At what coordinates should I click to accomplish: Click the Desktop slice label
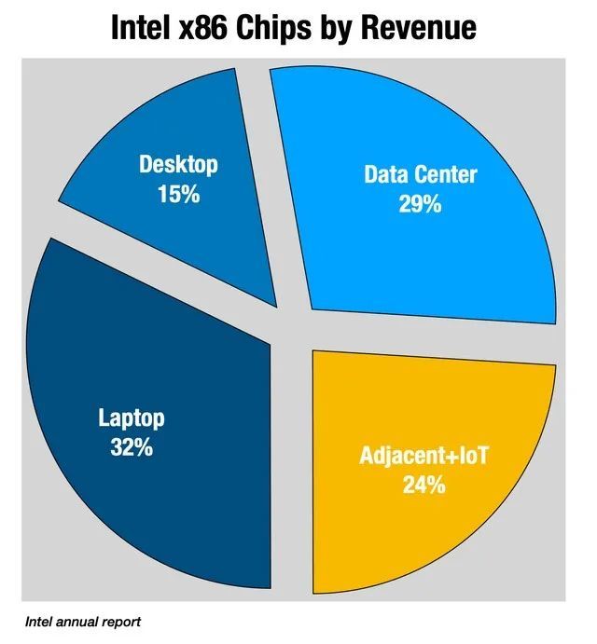click(x=178, y=165)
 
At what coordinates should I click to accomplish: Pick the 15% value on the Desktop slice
click(x=178, y=195)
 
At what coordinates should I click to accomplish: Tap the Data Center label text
click(x=420, y=174)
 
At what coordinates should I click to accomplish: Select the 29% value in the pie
click(x=420, y=204)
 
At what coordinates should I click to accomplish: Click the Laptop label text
click(x=131, y=417)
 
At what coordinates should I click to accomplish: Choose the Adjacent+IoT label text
click(x=423, y=457)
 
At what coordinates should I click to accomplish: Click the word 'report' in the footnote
click(x=122, y=621)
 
